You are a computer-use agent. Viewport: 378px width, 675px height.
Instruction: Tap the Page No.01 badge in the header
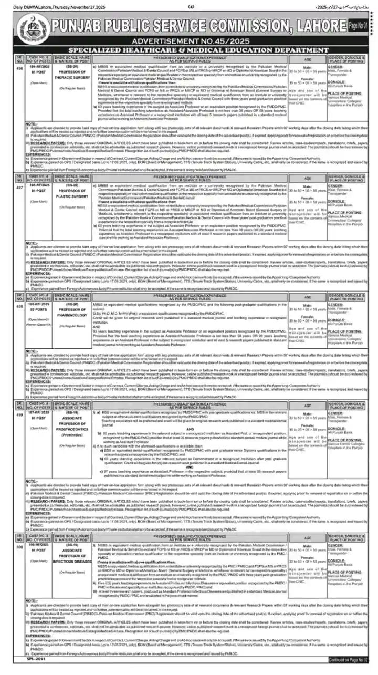(358, 25)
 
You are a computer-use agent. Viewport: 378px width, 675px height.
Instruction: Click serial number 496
(19, 67)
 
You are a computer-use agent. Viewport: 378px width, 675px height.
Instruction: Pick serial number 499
(19, 413)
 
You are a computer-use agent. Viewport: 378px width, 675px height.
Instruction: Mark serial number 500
(19, 546)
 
